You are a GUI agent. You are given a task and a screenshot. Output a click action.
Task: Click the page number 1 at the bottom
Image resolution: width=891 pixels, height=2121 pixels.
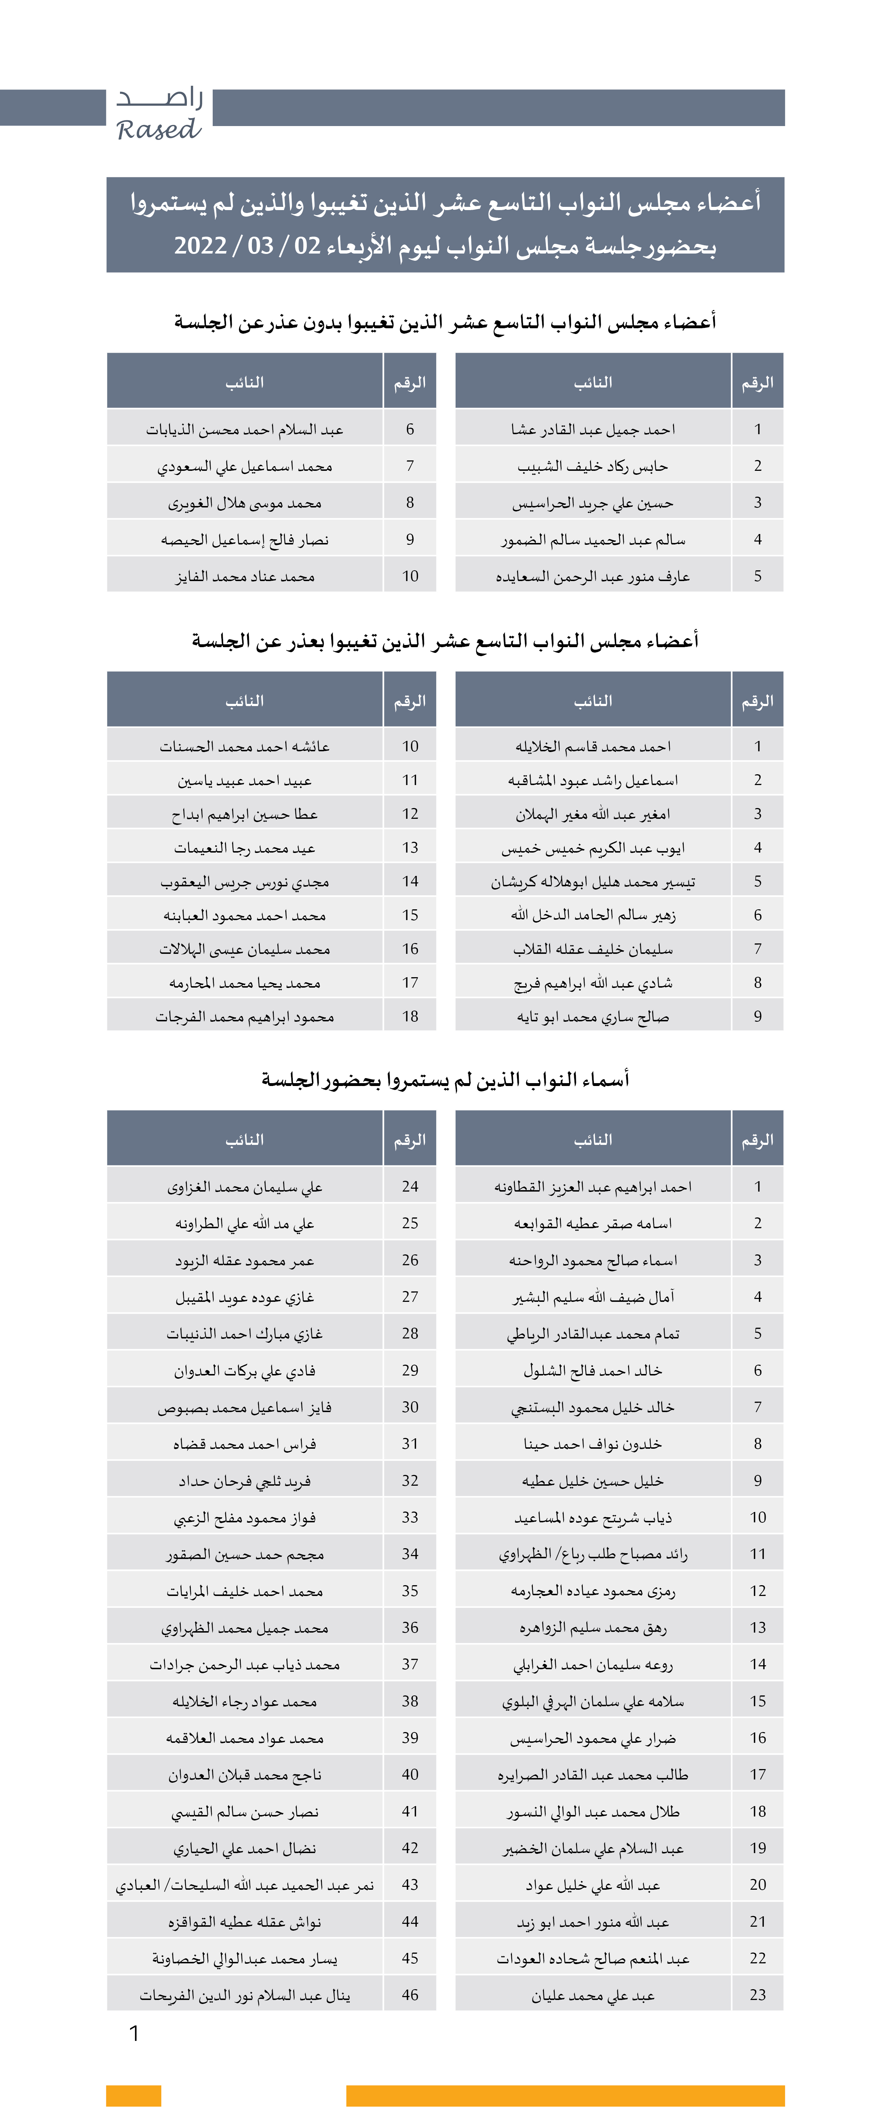(134, 2034)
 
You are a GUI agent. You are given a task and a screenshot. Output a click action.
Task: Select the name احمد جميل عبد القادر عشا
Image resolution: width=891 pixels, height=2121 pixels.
(593, 429)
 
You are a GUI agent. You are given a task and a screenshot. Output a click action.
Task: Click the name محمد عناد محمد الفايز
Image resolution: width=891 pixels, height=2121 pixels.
(245, 576)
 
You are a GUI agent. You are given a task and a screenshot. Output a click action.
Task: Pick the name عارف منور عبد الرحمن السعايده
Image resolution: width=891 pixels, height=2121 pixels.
(593, 576)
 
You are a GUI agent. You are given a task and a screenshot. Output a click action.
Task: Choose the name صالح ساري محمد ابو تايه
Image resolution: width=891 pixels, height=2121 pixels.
(593, 1017)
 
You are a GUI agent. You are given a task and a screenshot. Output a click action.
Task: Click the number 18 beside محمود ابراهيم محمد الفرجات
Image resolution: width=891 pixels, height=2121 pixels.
(410, 1017)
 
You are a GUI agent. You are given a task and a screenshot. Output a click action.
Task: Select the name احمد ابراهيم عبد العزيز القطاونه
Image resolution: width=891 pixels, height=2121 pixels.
(593, 1187)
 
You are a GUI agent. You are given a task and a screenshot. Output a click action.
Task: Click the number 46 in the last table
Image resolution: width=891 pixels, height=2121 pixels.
(410, 1995)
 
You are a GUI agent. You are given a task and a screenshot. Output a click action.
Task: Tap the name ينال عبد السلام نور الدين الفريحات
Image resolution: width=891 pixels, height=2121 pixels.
(245, 1995)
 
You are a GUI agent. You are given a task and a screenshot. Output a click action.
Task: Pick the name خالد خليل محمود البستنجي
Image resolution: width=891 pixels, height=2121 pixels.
(593, 1407)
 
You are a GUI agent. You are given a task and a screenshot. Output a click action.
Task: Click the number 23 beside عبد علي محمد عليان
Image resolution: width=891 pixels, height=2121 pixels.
(758, 1995)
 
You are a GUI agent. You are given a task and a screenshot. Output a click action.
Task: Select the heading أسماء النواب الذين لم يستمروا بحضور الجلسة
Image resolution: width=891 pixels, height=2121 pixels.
(445, 1080)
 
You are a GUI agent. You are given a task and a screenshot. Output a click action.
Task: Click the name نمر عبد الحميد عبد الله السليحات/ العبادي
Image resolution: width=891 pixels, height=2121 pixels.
(245, 1885)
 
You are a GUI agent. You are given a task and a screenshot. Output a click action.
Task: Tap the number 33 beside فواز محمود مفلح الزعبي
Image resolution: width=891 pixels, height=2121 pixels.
(410, 1517)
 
